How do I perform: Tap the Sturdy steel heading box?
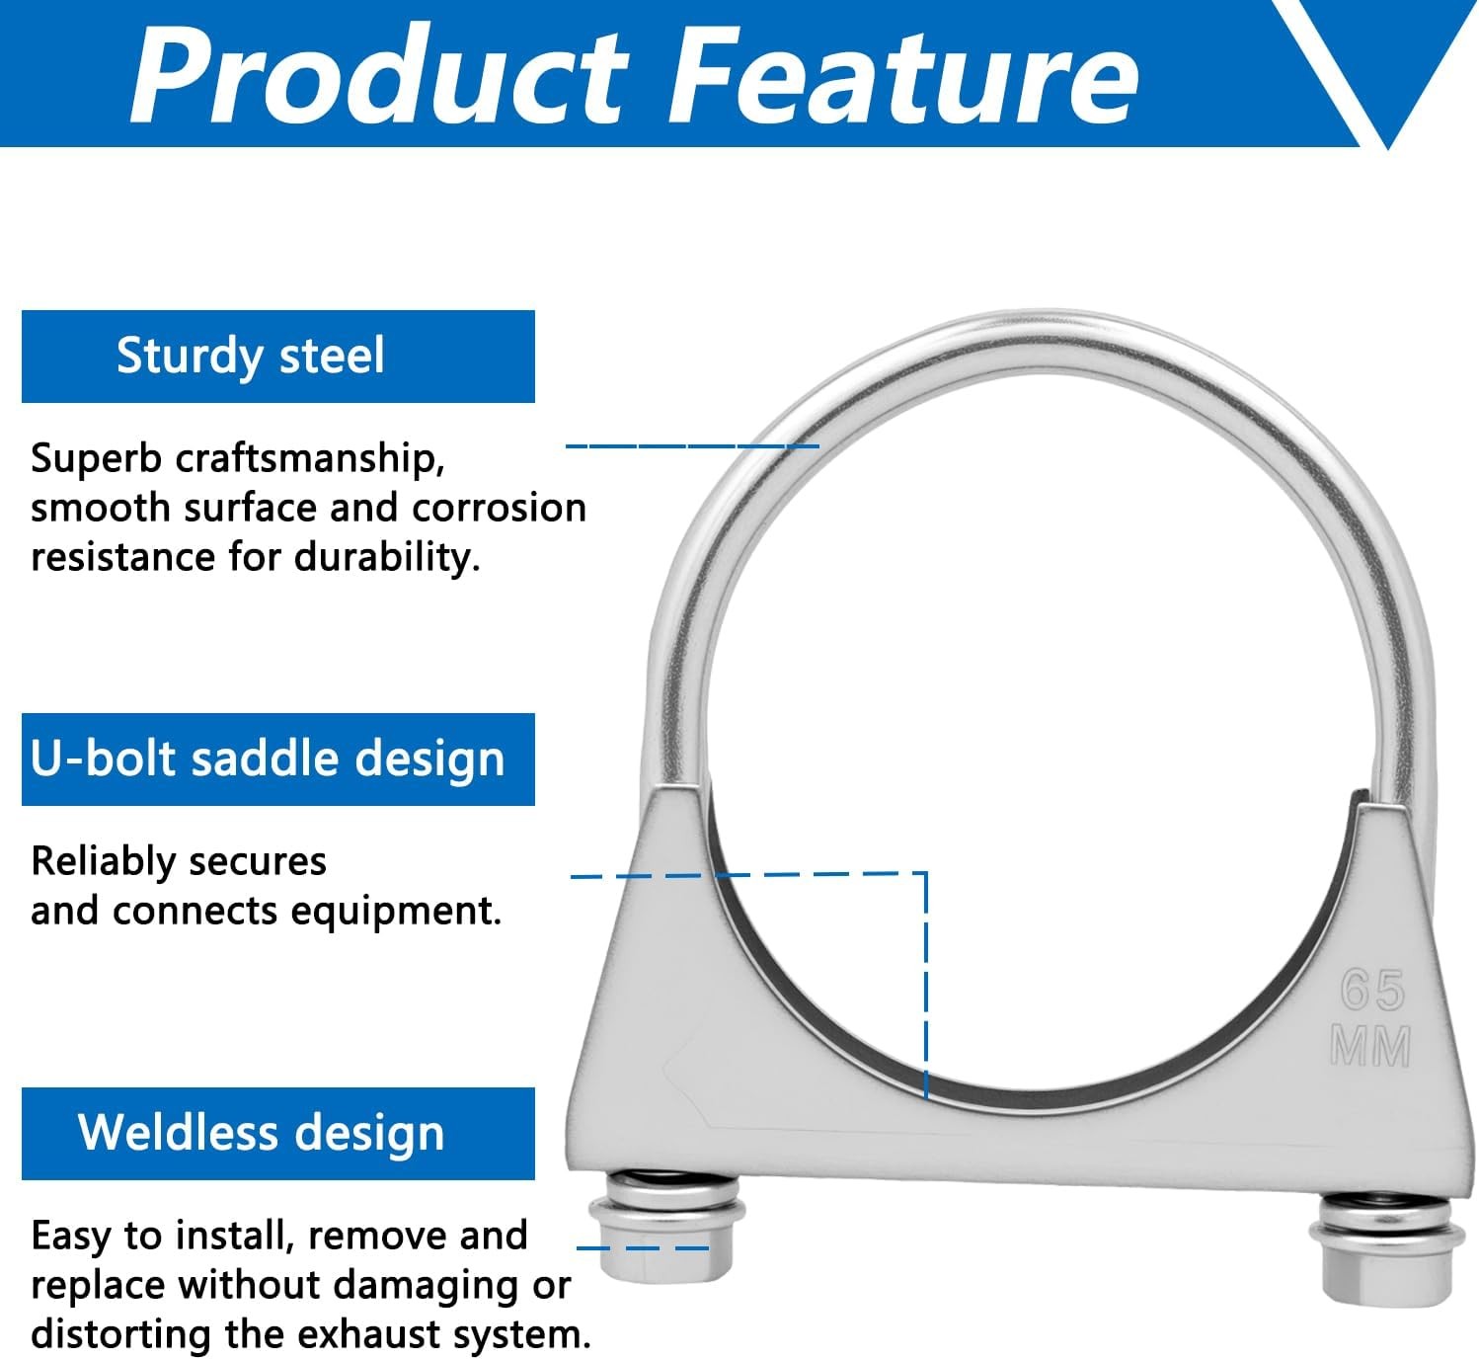click(278, 357)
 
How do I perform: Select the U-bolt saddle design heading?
click(278, 759)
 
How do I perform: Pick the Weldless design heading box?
click(278, 1134)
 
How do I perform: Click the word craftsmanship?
click(310, 459)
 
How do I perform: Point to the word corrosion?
click(500, 508)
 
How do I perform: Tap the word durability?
click(387, 558)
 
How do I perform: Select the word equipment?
click(396, 912)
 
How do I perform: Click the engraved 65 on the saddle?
click(1372, 991)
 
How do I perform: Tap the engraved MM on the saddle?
click(1370, 1046)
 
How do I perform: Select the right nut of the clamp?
click(1386, 1263)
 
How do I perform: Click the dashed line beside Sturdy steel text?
click(692, 446)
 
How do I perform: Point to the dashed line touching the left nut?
click(642, 1248)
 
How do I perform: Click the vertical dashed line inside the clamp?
click(926, 986)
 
